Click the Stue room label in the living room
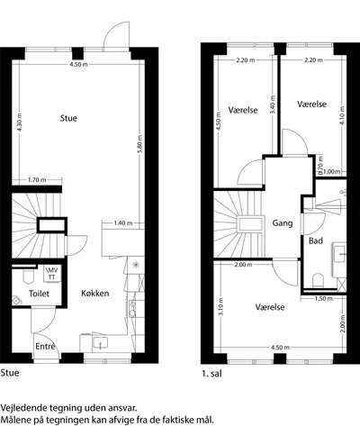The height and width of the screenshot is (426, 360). click(x=68, y=118)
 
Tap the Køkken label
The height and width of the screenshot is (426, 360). click(x=95, y=294)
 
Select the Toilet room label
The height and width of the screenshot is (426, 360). click(x=39, y=294)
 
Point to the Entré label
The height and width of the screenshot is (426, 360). click(x=45, y=347)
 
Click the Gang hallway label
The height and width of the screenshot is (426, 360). click(x=283, y=223)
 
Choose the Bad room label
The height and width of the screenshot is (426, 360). click(x=316, y=240)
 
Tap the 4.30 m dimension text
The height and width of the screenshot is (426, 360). click(x=20, y=122)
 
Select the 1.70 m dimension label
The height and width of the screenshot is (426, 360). click(x=37, y=180)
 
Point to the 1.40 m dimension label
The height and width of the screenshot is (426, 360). click(x=123, y=223)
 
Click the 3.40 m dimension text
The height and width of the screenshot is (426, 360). click(x=273, y=104)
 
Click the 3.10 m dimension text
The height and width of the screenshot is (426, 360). click(x=221, y=306)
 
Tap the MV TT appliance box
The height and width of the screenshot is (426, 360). click(x=52, y=274)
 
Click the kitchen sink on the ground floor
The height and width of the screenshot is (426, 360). click(x=100, y=343)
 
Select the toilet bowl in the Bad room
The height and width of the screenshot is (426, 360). click(x=318, y=280)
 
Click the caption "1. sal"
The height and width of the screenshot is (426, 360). click(x=211, y=374)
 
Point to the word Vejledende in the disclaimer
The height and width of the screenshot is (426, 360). click(x=22, y=408)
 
